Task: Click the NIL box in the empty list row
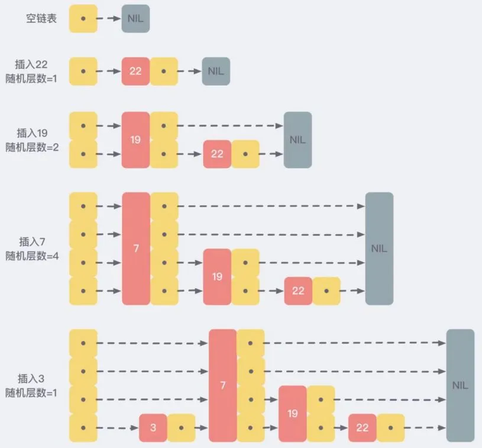point(135,18)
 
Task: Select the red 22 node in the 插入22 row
point(135,71)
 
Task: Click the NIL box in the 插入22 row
point(216,71)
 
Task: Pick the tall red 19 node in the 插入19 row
point(135,140)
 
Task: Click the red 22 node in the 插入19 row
point(217,154)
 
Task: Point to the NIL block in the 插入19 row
point(297,140)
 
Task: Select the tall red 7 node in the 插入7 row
point(136,249)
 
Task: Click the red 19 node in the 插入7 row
point(217,276)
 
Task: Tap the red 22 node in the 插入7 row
point(298,291)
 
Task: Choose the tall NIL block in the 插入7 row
point(379,249)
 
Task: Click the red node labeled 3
point(153,427)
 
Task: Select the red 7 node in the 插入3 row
point(222,385)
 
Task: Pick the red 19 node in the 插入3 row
point(292,413)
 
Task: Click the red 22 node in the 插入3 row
point(362,427)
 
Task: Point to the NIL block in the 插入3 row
point(460,385)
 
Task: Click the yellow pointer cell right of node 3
point(181,427)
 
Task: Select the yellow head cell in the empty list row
point(83,18)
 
